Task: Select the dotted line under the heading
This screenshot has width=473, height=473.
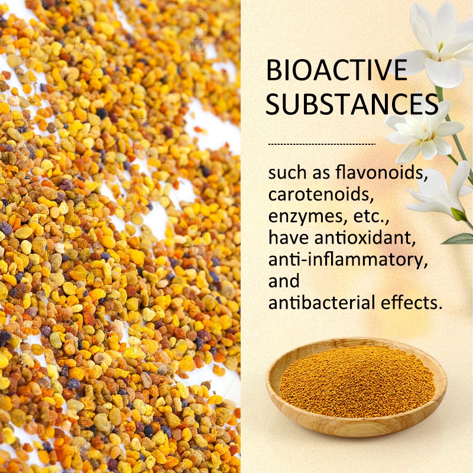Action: [x=322, y=144]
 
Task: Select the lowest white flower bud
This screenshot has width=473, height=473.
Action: [x=440, y=192]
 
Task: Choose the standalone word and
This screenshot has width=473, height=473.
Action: [x=284, y=281]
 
